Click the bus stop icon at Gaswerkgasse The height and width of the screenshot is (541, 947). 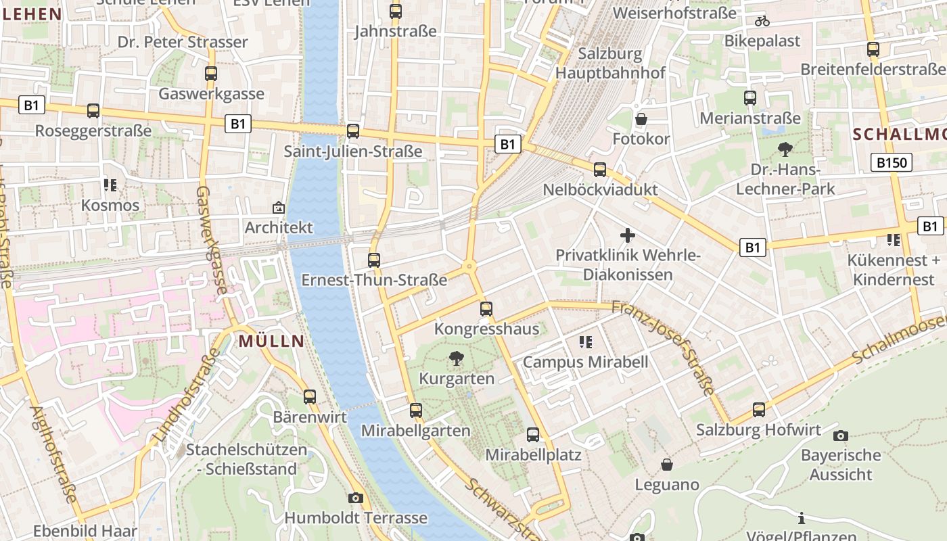click(x=211, y=74)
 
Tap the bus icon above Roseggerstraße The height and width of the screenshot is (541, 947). click(x=93, y=111)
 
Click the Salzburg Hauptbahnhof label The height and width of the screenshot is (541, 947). click(x=610, y=63)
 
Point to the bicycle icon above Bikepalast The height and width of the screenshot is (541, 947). click(x=762, y=21)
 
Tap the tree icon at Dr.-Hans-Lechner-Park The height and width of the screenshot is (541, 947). click(x=785, y=149)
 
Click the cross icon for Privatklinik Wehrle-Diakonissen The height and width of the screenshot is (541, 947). click(x=628, y=235)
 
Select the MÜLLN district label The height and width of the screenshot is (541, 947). click(x=271, y=342)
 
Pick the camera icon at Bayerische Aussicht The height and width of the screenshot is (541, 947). click(x=841, y=436)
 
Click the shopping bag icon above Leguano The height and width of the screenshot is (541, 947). click(x=667, y=465)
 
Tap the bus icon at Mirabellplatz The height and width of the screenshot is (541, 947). click(x=533, y=435)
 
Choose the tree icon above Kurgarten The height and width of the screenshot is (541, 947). click(x=457, y=358)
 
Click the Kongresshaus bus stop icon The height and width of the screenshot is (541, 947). click(x=486, y=310)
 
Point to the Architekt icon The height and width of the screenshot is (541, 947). click(x=278, y=208)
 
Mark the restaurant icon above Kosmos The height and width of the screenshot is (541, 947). click(x=110, y=185)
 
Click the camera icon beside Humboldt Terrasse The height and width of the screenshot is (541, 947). click(x=356, y=498)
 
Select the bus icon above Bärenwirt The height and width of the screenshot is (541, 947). click(x=310, y=397)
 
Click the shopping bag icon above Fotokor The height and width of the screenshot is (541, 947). click(x=641, y=120)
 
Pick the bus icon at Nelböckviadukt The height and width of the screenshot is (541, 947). click(x=600, y=170)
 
